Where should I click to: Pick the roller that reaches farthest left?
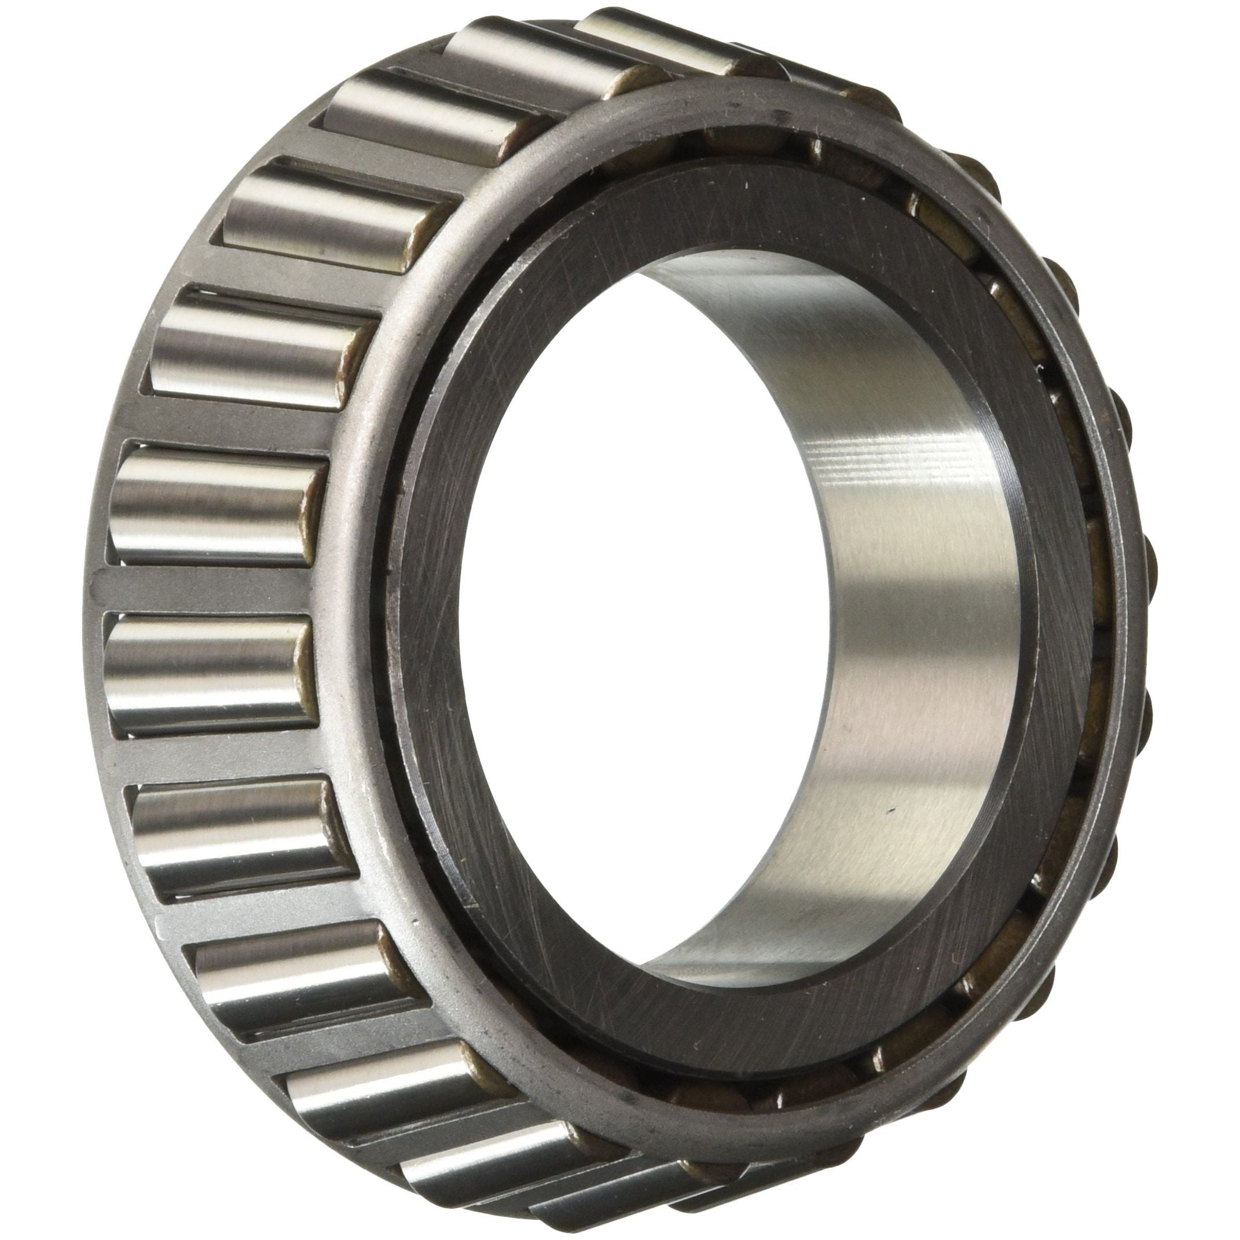point(199,674)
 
